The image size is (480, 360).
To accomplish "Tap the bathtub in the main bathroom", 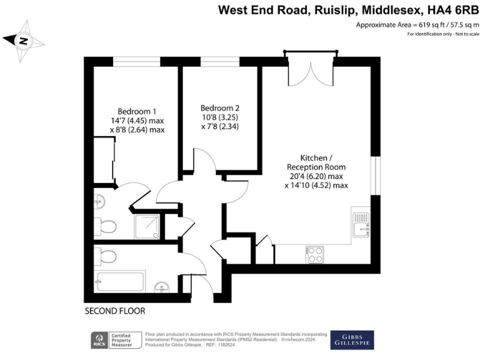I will pyautogui.click(x=119, y=281).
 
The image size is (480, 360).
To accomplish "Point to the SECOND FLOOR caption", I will pyautogui.click(x=115, y=310).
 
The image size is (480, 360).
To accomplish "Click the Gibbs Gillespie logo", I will pyautogui.click(x=352, y=339).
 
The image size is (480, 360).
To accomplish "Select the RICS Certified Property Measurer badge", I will pyautogui.click(x=116, y=340).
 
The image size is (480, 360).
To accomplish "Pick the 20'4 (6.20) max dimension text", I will pyautogui.click(x=316, y=176).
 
